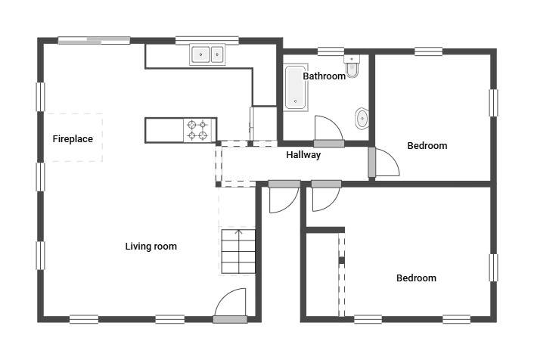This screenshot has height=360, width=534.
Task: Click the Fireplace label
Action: coord(73,139)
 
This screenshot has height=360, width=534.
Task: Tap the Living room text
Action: coord(151,247)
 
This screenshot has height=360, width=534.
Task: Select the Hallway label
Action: coord(303,155)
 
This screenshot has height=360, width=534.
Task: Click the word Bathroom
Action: coord(324,76)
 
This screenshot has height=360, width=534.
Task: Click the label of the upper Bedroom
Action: coord(427,146)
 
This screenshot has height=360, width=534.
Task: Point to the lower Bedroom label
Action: coord(416,278)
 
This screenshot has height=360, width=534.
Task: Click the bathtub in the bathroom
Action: coord(296,88)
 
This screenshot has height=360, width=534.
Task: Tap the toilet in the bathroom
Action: coord(352,66)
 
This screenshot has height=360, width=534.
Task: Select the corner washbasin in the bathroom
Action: coord(362,119)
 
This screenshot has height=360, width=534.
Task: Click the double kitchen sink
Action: coord(207,54)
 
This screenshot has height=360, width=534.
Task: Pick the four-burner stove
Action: coord(197,130)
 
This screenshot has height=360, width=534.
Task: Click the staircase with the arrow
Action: coord(238,251)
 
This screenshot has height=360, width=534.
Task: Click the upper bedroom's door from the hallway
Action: coord(383,163)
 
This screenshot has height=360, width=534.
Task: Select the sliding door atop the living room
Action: coord(94,41)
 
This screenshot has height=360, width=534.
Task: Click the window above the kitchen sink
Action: coord(207,41)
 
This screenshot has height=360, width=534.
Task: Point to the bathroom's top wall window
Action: coord(331,51)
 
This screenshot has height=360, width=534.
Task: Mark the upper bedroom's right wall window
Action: coord(493,103)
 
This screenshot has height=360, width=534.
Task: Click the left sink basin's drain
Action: coord(200,54)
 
